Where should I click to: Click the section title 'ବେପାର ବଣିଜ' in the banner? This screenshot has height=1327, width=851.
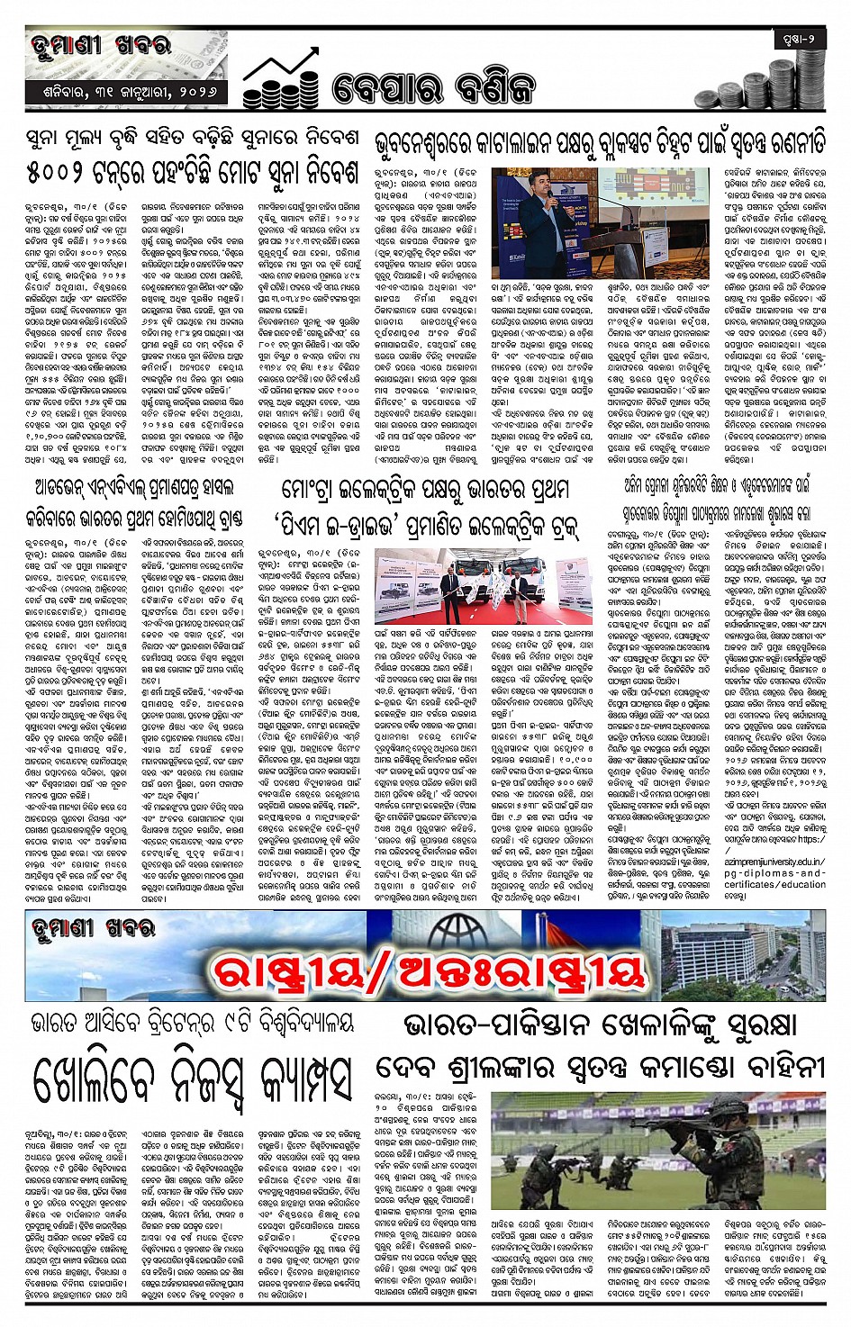pos(432,87)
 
